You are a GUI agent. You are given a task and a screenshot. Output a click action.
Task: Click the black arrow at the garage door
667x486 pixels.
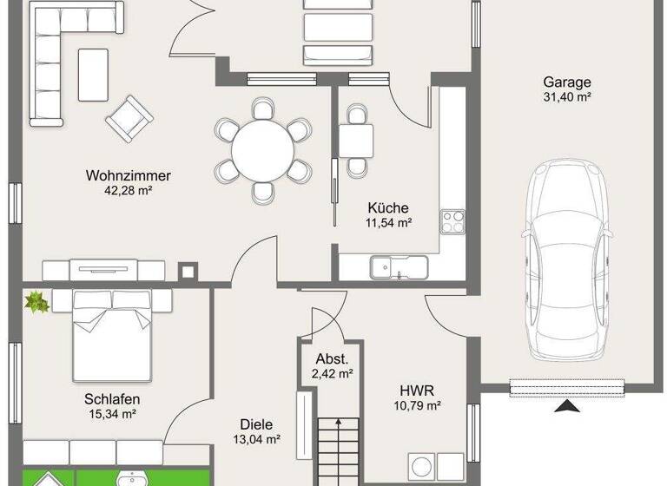click(565, 407)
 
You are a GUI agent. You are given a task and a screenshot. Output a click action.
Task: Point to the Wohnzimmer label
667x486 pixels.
click(129, 175)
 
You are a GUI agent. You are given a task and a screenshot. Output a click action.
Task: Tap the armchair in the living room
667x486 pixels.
click(129, 117)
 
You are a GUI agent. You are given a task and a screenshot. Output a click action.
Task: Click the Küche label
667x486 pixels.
click(387, 208)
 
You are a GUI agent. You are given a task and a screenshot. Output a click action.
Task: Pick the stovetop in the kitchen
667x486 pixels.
click(452, 221)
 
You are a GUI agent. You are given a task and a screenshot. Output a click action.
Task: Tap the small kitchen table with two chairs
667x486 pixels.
click(356, 139)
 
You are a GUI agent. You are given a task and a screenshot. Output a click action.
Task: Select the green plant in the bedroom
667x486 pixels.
click(36, 302)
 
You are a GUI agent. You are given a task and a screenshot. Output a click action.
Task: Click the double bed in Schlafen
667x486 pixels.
click(113, 334)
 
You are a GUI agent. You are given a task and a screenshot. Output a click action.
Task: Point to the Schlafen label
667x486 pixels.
click(112, 399)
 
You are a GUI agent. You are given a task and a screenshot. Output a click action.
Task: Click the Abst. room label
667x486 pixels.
click(333, 359)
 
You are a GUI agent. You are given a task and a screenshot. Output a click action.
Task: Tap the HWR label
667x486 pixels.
click(417, 391)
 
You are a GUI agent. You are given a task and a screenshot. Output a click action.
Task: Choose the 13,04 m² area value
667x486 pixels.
click(256, 440)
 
